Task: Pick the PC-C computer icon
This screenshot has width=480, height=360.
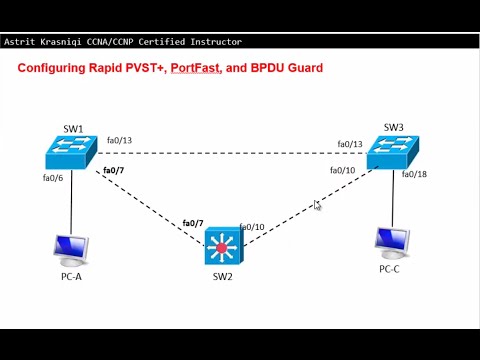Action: click(391, 243)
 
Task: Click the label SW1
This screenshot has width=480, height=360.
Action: click(73, 128)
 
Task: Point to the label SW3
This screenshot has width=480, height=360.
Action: click(394, 127)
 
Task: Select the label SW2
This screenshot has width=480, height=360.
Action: click(223, 275)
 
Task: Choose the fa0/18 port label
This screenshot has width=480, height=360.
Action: click(415, 175)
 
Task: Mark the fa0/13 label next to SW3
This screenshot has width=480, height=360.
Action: click(350, 144)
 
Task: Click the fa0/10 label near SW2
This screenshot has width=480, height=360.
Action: click(252, 227)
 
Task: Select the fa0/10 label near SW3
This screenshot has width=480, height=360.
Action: click(343, 171)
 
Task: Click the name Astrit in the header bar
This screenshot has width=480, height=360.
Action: click(22, 43)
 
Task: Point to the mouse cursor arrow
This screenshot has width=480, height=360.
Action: click(317, 205)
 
